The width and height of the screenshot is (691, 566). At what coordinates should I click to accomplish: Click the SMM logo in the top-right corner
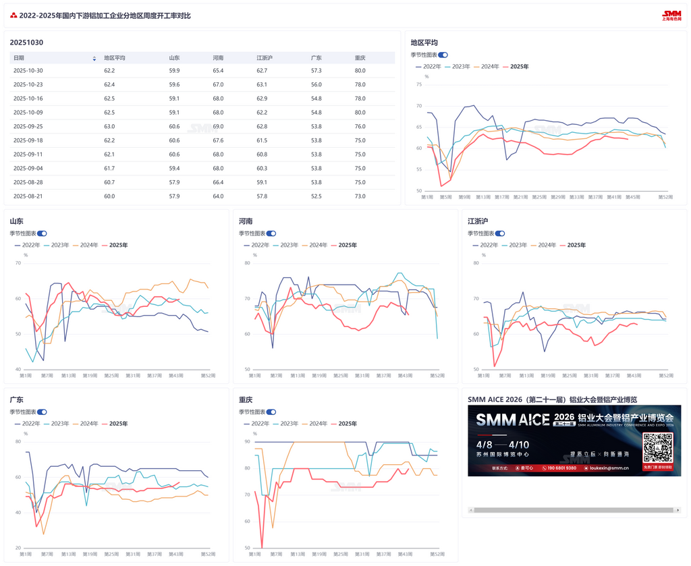pyautogui.click(x=671, y=15)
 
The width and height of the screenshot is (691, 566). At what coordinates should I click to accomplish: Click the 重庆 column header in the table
pyautogui.click(x=360, y=58)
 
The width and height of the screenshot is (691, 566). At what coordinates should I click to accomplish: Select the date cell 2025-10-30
pyautogui.click(x=28, y=70)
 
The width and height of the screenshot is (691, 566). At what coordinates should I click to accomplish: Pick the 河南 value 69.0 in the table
pyautogui.click(x=218, y=126)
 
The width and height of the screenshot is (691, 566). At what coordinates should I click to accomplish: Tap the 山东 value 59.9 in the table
pyautogui.click(x=174, y=70)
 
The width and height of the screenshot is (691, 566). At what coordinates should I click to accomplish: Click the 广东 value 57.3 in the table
pyautogui.click(x=316, y=70)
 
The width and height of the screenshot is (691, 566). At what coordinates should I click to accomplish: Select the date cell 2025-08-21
pyautogui.click(x=28, y=196)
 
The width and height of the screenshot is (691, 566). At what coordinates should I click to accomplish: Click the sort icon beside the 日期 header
pyautogui.click(x=94, y=59)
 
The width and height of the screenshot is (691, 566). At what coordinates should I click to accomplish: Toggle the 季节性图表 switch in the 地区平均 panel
pyautogui.click(x=443, y=55)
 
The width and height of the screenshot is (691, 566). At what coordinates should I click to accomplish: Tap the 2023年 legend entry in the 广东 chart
pyautogui.click(x=57, y=424)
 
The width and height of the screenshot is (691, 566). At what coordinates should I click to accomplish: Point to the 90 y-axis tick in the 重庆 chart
pyautogui.click(x=247, y=442)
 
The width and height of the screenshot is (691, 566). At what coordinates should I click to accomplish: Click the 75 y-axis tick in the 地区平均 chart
pyautogui.click(x=419, y=84)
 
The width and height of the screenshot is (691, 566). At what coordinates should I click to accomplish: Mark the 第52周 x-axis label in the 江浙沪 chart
pyautogui.click(x=666, y=376)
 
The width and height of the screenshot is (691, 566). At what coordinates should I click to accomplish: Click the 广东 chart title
pyautogui.click(x=16, y=400)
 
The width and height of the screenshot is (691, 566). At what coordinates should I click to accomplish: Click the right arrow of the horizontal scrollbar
pyautogui.click(x=678, y=510)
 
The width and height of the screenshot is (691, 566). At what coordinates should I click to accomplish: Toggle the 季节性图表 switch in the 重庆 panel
pyautogui.click(x=271, y=412)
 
